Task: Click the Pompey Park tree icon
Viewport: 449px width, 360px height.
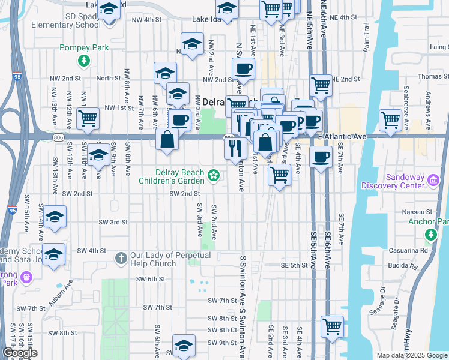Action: point(85,60)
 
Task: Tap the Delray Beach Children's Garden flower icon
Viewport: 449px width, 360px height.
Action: point(212,175)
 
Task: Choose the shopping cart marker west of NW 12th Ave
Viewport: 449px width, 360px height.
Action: point(88,119)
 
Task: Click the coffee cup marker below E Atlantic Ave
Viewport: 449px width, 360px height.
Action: point(321,158)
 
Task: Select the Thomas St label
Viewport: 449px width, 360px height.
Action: point(433,76)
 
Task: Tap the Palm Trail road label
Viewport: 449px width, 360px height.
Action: point(366,37)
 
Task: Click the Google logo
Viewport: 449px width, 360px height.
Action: point(20,353)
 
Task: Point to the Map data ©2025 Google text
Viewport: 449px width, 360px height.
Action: point(412,355)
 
